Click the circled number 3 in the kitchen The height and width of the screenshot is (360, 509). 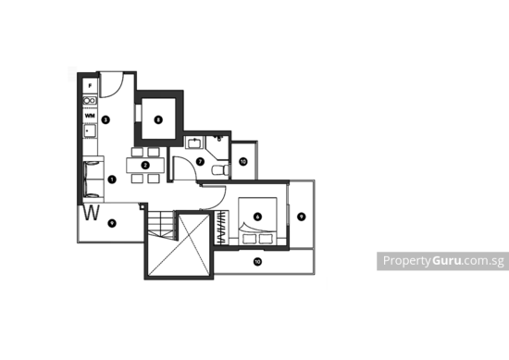pyautogui.click(x=107, y=118)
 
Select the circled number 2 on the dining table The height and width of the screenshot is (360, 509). pyautogui.click(x=145, y=166)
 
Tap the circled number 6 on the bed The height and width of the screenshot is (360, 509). pyautogui.click(x=256, y=217)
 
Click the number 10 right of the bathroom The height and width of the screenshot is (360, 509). pyautogui.click(x=242, y=161)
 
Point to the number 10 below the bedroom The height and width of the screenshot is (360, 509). pyautogui.click(x=257, y=261)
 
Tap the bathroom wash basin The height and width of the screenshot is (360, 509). pyautogui.click(x=194, y=142)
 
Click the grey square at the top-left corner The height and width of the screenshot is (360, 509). pyautogui.click(x=71, y=72)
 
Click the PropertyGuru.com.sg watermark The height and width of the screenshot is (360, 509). pyautogui.click(x=442, y=261)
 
